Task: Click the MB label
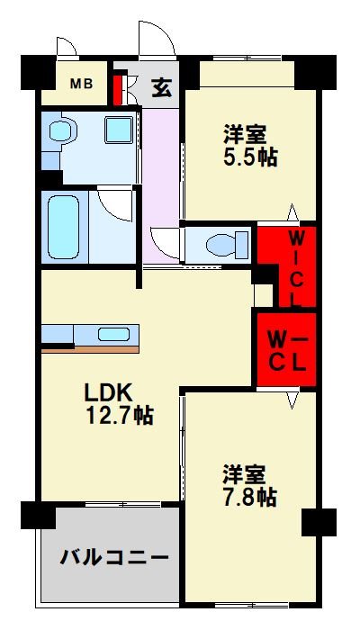click(x=82, y=85)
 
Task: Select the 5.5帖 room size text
click(x=251, y=156)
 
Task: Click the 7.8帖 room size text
click(x=250, y=495)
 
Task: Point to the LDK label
click(x=109, y=392)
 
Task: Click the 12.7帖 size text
click(x=118, y=416)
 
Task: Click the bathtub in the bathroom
click(x=66, y=226)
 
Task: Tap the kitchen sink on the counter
click(x=114, y=334)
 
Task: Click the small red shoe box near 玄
click(x=117, y=89)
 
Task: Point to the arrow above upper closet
click(x=292, y=213)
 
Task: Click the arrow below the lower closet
click(x=292, y=398)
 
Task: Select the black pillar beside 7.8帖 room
click(x=317, y=521)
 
